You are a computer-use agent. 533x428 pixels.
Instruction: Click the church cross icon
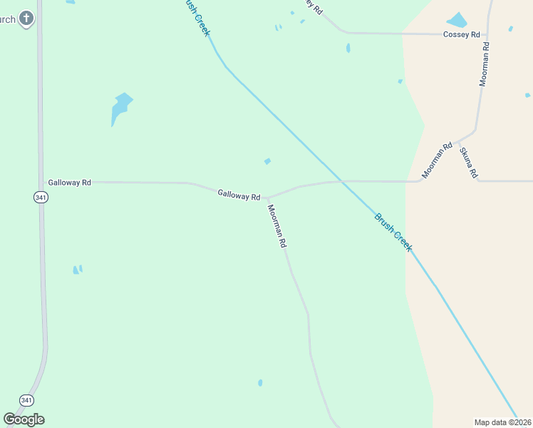point(26,18)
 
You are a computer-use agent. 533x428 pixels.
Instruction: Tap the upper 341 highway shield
point(40,197)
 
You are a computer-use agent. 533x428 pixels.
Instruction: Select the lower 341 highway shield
point(26,400)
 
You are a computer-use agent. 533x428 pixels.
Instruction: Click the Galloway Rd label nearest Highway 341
point(69,183)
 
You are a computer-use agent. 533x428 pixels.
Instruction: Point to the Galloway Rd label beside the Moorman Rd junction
point(239,194)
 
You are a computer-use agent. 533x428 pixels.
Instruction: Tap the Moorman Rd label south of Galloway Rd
point(277,226)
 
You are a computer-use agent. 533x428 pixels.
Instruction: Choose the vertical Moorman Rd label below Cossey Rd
point(485,64)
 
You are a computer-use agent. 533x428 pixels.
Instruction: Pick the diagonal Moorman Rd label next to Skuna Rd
point(438,160)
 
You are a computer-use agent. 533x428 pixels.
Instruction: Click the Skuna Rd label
point(468,163)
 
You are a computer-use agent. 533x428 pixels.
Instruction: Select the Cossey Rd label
point(462,34)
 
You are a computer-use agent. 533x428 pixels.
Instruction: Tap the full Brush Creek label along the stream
point(393,231)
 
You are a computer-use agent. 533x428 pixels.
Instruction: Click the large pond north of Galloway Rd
point(121,108)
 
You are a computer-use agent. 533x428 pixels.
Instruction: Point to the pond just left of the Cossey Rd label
point(456,20)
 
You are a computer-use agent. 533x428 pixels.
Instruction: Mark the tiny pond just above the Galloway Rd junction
point(267,161)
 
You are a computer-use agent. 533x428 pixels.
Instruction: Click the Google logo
point(24,419)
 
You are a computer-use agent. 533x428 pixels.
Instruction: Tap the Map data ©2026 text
point(503,422)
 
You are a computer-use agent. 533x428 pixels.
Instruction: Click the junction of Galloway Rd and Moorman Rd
point(267,198)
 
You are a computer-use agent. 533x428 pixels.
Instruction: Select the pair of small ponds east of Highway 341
point(77,270)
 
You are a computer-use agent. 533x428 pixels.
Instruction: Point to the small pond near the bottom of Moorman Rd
point(260,383)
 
